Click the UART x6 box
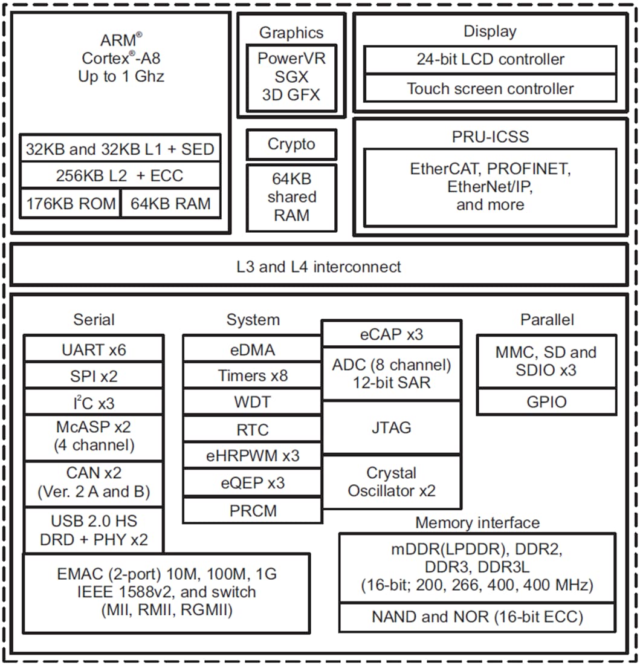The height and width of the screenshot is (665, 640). coord(94,349)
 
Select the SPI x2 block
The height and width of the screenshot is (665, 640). coord(94,376)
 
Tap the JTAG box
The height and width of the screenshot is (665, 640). coord(392,427)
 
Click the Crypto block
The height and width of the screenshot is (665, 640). coord(291,144)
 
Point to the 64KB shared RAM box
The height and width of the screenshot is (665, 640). coord(291,197)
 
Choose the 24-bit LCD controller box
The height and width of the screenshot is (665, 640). coord(490,60)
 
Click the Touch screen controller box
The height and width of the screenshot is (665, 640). coord(490,89)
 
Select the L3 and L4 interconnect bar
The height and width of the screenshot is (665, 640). coord(318,266)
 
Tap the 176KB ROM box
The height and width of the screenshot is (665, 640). coord(71,204)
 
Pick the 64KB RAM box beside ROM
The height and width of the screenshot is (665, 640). coord(171,204)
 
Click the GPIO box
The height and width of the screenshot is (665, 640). coord(547,401)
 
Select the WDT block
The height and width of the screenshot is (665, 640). coord(252,402)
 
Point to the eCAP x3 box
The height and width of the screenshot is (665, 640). coord(392,334)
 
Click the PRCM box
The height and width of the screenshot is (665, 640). coord(252,511)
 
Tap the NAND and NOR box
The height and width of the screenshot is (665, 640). coord(477,617)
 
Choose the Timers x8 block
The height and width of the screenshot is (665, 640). coord(252,376)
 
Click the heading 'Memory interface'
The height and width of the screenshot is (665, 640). coord(477,522)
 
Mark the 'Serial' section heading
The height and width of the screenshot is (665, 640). coord(94,319)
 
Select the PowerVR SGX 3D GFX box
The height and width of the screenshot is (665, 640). coord(291,77)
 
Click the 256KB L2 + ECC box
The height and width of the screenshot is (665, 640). coord(120,176)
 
